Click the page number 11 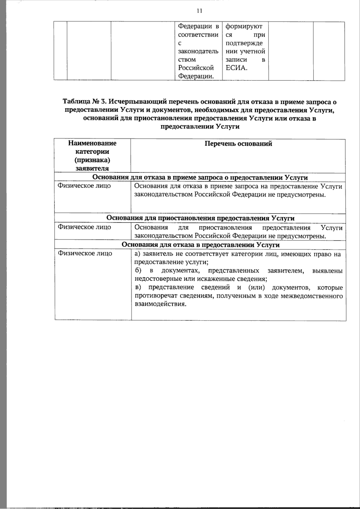coord(199,11)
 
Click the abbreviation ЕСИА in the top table coord(236,68)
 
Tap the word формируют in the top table coord(244,26)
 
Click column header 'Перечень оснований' coord(238,143)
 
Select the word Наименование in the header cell coord(92,143)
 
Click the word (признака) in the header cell coord(92,160)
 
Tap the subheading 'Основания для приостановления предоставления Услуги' coord(200,218)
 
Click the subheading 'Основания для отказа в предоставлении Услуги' coord(200,245)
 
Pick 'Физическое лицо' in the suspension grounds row coord(84,227)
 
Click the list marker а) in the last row coord(137,254)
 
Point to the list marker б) coord(138,271)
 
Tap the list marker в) coord(138,288)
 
